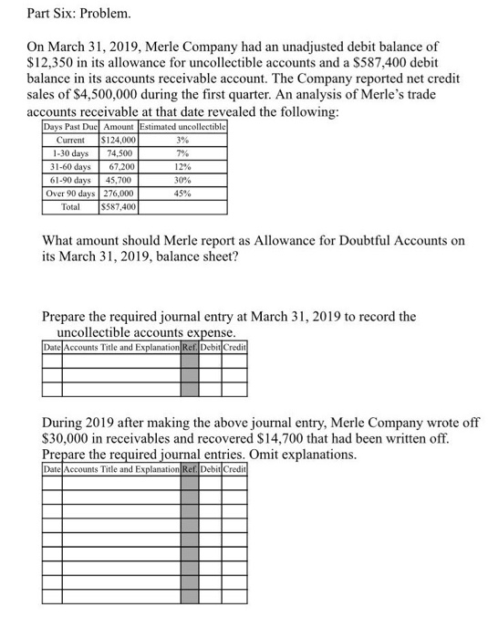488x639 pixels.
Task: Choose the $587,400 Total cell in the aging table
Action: click(x=119, y=208)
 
